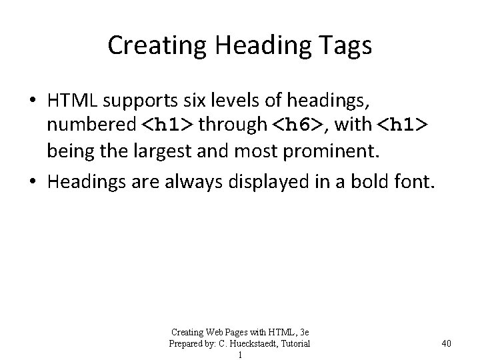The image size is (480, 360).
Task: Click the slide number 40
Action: (x=446, y=343)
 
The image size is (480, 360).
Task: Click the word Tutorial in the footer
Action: (x=295, y=343)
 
